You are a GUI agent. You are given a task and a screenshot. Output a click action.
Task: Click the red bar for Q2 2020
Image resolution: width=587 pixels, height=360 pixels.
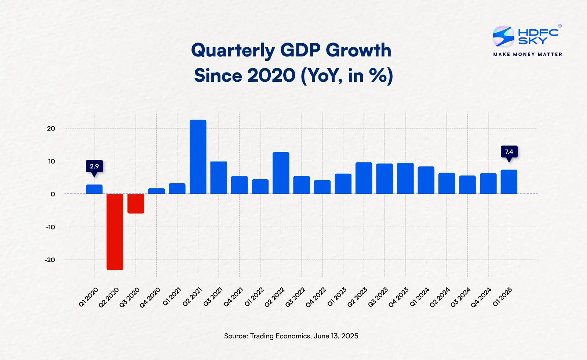point(115,232)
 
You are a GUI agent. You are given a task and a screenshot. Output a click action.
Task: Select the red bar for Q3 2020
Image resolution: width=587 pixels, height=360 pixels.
point(136,203)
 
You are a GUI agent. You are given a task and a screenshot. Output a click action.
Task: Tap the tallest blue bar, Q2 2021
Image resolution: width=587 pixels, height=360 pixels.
point(198,157)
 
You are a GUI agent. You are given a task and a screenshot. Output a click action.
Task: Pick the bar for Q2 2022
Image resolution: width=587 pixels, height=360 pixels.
point(281,173)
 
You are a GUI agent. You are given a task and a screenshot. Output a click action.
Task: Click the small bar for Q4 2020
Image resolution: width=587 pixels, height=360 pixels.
point(156,191)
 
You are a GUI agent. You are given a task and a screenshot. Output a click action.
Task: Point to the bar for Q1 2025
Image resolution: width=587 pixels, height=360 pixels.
point(509,182)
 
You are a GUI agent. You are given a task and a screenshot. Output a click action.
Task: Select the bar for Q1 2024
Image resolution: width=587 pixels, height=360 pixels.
point(426,180)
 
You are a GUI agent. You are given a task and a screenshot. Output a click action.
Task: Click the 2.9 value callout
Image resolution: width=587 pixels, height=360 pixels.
point(94,166)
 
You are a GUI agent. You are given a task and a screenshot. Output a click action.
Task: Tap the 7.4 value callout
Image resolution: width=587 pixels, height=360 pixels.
point(509,152)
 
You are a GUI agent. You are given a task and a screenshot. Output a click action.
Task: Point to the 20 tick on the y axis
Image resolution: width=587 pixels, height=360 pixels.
point(51,129)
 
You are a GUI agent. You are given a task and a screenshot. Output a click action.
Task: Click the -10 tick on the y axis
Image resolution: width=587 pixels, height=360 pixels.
point(50,227)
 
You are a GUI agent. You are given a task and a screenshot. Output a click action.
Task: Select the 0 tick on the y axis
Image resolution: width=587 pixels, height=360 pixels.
point(53,194)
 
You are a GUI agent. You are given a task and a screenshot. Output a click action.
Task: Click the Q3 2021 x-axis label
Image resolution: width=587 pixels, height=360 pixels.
point(213,297)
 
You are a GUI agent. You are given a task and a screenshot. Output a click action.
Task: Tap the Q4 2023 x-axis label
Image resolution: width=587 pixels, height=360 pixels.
point(398,297)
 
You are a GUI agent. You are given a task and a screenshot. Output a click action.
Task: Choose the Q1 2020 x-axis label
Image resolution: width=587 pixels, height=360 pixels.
point(88,297)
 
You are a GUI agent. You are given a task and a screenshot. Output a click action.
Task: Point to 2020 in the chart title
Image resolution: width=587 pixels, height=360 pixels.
point(271,76)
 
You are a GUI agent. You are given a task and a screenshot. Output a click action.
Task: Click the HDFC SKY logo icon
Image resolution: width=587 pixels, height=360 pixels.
point(503,36)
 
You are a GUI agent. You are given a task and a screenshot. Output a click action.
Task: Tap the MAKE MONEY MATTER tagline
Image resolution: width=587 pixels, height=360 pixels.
point(528,54)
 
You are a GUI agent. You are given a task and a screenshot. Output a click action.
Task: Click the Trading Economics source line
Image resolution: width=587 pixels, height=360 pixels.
point(291,336)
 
